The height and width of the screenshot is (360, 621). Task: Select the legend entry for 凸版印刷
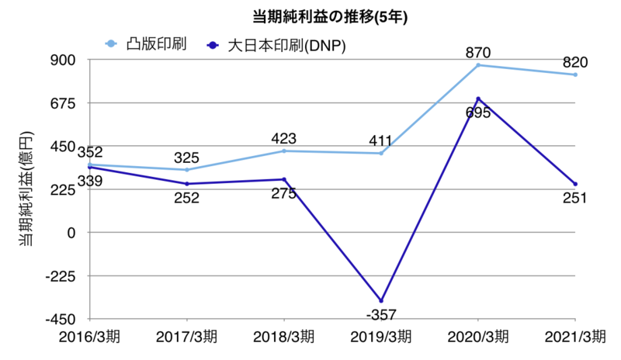tap(155, 43)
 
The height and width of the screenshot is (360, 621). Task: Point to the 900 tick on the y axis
tap(64, 60)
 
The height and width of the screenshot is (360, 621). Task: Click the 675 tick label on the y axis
tap(64, 103)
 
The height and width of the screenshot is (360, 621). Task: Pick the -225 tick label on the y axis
tap(61, 275)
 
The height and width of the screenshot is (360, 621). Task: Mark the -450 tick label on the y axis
tap(61, 319)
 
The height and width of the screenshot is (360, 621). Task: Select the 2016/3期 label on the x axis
tap(89, 338)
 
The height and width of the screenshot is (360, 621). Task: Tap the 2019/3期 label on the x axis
tap(380, 338)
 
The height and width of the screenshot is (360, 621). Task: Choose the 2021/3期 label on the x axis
tap(575, 338)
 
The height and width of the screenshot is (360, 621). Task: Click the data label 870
tap(478, 52)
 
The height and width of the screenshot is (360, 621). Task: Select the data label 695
tap(477, 112)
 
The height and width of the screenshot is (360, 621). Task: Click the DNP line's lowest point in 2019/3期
tap(380, 300)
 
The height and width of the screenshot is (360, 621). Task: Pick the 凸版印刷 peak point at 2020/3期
tap(478, 65)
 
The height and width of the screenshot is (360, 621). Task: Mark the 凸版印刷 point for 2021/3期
tap(575, 74)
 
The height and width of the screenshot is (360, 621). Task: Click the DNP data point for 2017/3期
tap(187, 184)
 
